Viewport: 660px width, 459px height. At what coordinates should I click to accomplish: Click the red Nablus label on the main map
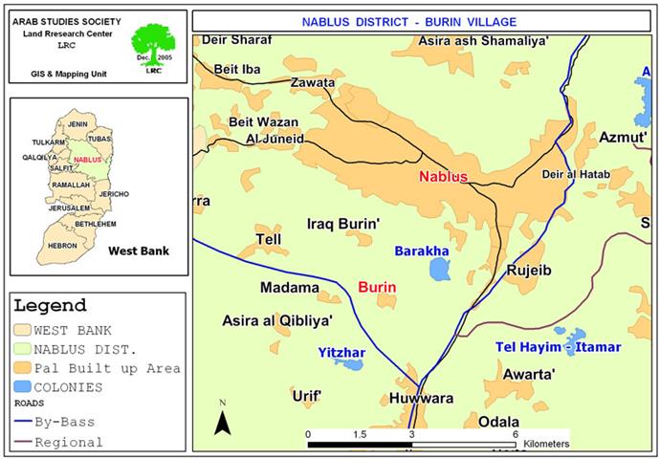click(x=442, y=177)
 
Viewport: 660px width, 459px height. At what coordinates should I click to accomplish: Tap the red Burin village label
click(x=377, y=287)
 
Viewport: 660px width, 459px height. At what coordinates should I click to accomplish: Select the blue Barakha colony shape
click(x=439, y=270)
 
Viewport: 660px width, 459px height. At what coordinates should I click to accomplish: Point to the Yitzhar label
click(x=342, y=353)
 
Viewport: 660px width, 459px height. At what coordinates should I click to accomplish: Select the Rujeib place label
click(x=530, y=271)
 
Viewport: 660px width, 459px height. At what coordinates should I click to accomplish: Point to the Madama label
click(x=289, y=287)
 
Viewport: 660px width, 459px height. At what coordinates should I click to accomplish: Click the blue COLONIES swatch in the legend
click(x=23, y=387)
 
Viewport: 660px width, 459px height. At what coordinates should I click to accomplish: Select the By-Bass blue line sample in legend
click(x=22, y=421)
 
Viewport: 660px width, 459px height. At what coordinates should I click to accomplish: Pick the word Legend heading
click(x=50, y=306)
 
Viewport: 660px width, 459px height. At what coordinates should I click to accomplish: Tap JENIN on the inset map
click(x=77, y=124)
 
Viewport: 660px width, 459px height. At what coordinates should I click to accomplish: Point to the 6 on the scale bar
click(x=515, y=434)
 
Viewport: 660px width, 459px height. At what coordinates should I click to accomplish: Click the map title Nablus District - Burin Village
click(x=423, y=20)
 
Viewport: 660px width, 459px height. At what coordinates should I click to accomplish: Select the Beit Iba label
click(x=238, y=69)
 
